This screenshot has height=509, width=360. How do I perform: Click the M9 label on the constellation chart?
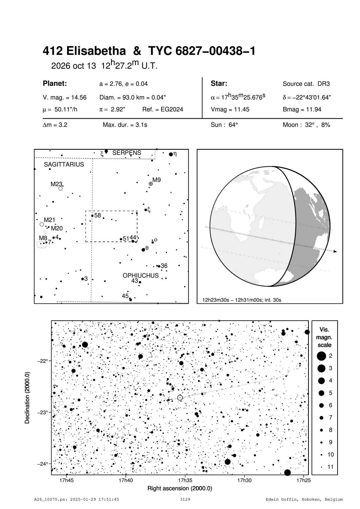[x=157, y=180]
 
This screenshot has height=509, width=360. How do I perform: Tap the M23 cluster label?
[x=56, y=184]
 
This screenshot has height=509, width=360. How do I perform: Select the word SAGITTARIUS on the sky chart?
[x=64, y=164]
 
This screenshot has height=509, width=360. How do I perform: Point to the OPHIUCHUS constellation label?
[x=141, y=275]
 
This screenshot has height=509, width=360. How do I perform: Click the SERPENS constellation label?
[x=127, y=153]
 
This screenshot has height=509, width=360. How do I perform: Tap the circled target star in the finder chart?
[x=180, y=397]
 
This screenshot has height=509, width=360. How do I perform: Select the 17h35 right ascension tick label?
[x=185, y=480]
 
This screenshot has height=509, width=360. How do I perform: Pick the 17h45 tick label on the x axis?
[x=67, y=480]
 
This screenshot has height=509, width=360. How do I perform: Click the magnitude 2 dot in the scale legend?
[x=321, y=356]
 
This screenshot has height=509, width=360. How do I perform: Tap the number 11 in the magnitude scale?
[x=331, y=467]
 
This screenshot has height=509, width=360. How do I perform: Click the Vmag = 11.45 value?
[x=230, y=110]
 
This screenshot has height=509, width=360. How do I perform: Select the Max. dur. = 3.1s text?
[x=125, y=125]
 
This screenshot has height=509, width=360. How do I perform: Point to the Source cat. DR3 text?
[x=306, y=84]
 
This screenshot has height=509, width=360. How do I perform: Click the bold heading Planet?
[x=55, y=84]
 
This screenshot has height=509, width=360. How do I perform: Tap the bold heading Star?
[x=219, y=84]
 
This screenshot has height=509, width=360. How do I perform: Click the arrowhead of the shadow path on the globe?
[x=335, y=251]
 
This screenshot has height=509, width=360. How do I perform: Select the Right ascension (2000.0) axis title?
[x=180, y=488]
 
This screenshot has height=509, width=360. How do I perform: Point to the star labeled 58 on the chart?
[x=92, y=216]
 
